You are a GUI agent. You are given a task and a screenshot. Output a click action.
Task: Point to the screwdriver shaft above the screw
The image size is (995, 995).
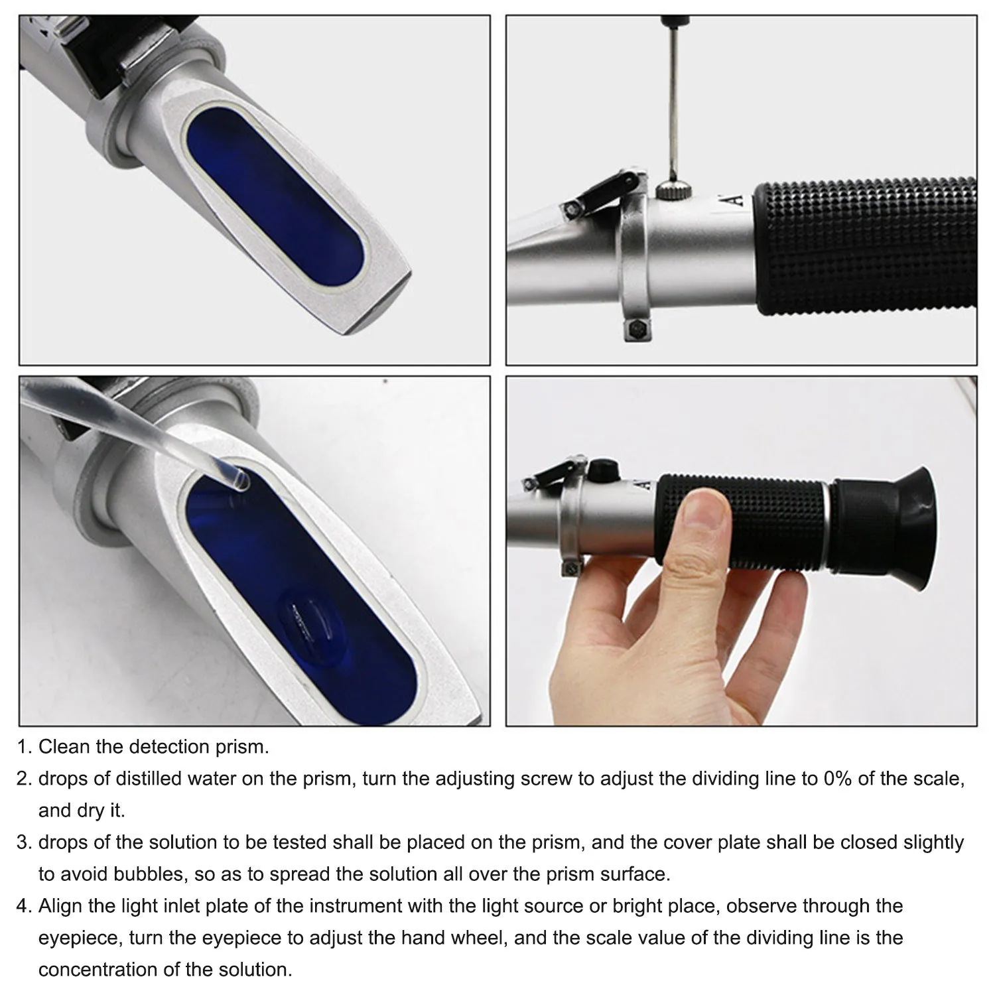click(x=674, y=99)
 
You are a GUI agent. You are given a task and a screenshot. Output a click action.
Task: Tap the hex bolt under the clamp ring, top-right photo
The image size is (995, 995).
click(x=635, y=330)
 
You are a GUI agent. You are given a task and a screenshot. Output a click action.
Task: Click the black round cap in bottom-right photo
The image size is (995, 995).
click(x=602, y=470)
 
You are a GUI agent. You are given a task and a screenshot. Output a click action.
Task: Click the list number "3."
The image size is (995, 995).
click(x=25, y=842)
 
